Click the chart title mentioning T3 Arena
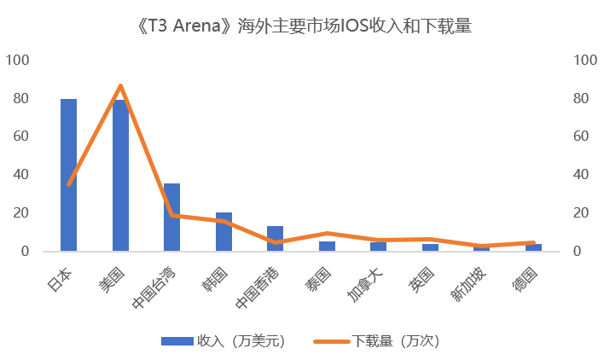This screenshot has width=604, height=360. tap(302, 26)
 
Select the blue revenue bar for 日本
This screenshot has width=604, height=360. tap(68, 175)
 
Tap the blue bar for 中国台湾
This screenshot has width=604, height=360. tap(171, 218)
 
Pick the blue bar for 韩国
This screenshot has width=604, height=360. tap(224, 232)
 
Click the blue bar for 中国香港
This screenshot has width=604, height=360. tap(275, 239)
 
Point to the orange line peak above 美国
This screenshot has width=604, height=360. tap(120, 85)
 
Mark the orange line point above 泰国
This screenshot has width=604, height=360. tap(327, 233)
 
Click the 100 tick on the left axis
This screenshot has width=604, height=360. tap(18, 60)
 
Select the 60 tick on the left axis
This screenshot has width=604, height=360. tap(20, 136)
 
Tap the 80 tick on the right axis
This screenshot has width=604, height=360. tap(581, 98)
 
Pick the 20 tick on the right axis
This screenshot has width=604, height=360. tap(581, 213)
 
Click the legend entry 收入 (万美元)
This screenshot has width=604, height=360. tap(224, 340)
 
